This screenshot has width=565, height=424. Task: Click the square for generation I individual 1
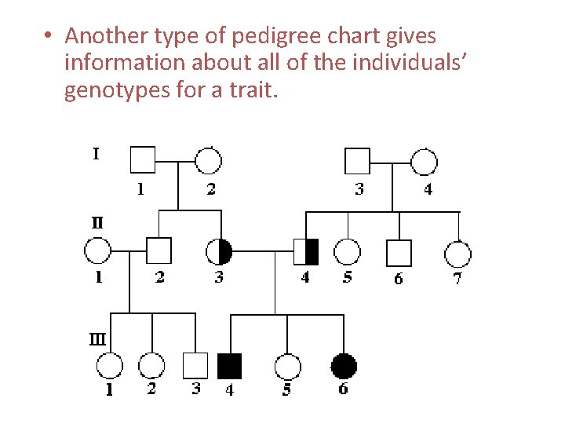pos(142,160)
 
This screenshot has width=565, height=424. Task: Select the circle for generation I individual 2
pos(208,160)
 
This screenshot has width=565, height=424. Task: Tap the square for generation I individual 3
pos(357,161)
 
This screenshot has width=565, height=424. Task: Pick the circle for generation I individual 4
pos(424,161)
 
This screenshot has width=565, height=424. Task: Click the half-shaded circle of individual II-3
pos(219,251)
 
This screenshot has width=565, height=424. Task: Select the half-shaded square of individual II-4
pos(306,251)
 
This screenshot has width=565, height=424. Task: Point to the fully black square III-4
pos(229,366)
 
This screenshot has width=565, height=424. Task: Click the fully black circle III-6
pos(343,366)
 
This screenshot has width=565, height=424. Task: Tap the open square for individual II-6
pos(399,252)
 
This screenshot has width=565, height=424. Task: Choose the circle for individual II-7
pos(457,254)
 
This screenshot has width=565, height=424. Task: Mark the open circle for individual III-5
pos(287,367)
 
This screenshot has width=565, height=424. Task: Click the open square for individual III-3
pos(195,366)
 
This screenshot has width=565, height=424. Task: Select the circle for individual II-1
pos(97,251)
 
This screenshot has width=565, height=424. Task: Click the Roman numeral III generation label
pos(97,340)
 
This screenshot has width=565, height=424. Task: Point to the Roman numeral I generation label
pos(96,154)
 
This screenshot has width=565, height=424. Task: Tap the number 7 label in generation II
pos(457,278)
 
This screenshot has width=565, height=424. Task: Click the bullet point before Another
pos(49,36)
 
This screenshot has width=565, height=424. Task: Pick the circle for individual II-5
pos(347,252)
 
